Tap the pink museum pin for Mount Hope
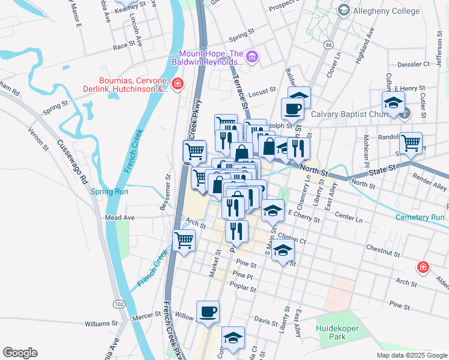tap(252, 58)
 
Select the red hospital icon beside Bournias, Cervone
tap(178, 84)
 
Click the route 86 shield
tap(328, 46)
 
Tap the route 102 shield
tap(119, 304)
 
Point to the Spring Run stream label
tap(109, 191)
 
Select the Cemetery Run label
tap(420, 217)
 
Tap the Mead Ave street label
tap(119, 218)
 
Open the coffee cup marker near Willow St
tap(208, 312)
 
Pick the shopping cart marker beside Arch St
tap(184, 241)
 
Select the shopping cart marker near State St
tap(411, 143)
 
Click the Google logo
tap(20, 353)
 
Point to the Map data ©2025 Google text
tap(411, 355)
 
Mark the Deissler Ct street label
tap(414, 64)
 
